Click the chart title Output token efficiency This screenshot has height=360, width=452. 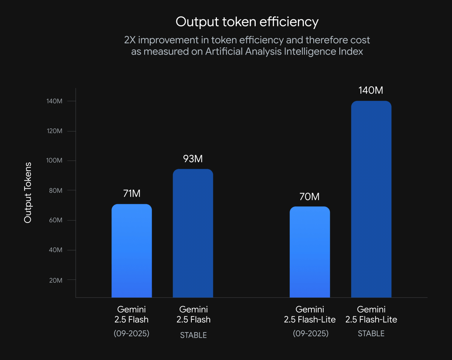pyautogui.click(x=247, y=22)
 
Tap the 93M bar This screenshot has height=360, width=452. pyautogui.click(x=193, y=233)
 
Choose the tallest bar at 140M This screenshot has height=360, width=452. pyautogui.click(x=371, y=200)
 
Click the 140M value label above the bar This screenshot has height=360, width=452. pyautogui.click(x=371, y=91)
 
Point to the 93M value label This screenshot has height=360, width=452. pyautogui.click(x=193, y=159)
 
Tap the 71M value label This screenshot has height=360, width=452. pyautogui.click(x=132, y=194)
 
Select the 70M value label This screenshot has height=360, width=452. pyautogui.click(x=310, y=197)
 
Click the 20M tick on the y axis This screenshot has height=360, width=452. pyautogui.click(x=55, y=280)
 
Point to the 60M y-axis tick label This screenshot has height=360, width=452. pyautogui.click(x=55, y=220)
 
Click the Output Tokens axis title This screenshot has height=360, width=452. pyautogui.click(x=28, y=192)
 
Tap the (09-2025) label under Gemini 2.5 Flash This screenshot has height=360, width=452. pyautogui.click(x=131, y=334)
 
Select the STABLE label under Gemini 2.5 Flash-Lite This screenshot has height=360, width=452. pyautogui.click(x=371, y=334)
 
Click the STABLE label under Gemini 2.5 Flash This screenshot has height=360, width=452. pyautogui.click(x=193, y=335)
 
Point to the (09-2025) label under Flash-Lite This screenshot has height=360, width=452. pyautogui.click(x=310, y=334)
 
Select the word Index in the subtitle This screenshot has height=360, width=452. pyautogui.click(x=352, y=52)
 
